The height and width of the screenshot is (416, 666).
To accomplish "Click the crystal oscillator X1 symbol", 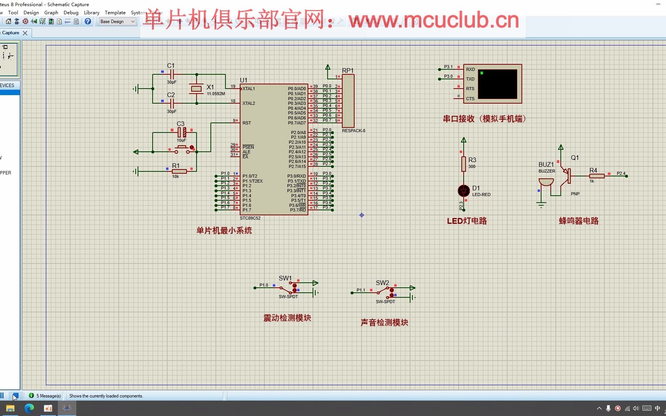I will coord(197,89).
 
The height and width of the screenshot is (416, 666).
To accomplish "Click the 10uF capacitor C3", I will coord(182,133).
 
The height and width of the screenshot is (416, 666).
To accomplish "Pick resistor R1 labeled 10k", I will coord(179,171).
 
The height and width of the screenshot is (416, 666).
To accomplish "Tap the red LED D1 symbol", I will coord(464,191).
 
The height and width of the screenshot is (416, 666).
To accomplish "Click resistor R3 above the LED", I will coord(464,164).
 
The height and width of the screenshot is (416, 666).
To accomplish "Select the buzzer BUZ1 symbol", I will coord(546,182).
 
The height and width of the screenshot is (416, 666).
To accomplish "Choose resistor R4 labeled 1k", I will coord(597,176).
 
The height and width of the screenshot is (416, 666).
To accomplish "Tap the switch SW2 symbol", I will coord(386,292).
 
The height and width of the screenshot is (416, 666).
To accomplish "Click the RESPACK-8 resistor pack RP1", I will coord(348,101).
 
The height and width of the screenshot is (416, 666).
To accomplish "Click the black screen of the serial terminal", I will coord(498,84).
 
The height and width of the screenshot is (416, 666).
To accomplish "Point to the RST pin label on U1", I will coord(247,123).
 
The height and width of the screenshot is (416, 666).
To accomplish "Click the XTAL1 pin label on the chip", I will coord(249,89).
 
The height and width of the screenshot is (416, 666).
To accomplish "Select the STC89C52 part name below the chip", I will coord(250,218).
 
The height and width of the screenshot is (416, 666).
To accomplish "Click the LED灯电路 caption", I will coord(467,221).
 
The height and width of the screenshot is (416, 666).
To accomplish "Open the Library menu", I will coord(92,13).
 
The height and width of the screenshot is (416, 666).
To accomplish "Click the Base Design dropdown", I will coord(117,22).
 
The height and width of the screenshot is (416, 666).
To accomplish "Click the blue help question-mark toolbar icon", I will coord(88,22).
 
